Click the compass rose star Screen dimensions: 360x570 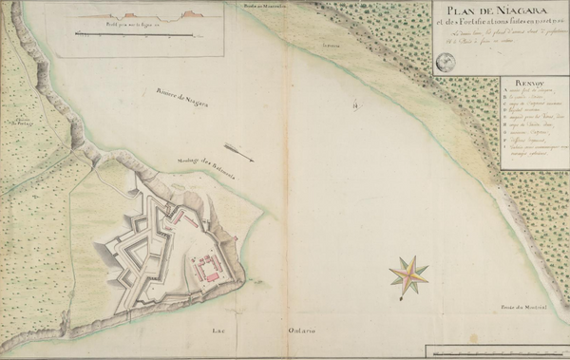point(408,274)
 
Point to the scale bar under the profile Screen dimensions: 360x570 point(142,35)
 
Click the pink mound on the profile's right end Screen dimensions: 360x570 point(187,13)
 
